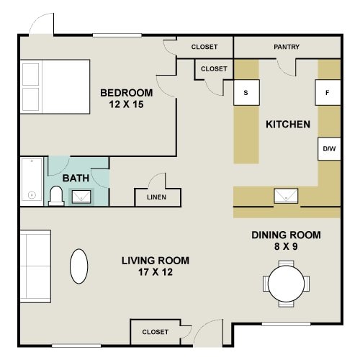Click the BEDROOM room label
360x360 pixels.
pos(126,92)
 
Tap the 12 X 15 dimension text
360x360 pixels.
pos(126,104)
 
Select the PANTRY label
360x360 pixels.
pos(287,48)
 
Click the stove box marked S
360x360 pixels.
pos(246,93)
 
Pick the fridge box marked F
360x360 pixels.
pos(328,93)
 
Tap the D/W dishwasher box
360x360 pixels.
pos(329,149)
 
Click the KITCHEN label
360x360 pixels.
pos(288,124)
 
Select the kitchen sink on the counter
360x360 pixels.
pos(286,195)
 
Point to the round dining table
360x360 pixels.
pos(286,284)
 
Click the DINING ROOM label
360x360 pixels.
pos(286,235)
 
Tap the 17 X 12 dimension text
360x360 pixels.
pos(156,272)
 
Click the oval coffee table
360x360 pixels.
pos(79,266)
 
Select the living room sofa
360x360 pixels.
pos(34,266)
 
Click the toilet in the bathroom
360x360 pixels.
pos(56,195)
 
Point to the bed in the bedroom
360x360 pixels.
pos(55,86)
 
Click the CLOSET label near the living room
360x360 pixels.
pos(155,332)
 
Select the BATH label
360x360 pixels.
pos(76,177)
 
